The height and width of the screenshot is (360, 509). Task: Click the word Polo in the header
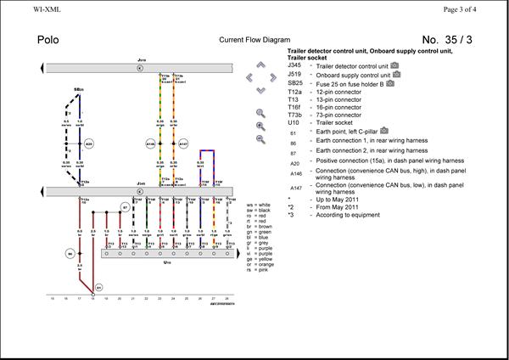coord(50,40)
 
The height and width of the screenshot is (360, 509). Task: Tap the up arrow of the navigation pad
coord(261,67)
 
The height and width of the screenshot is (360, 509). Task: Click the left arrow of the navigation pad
coord(249,78)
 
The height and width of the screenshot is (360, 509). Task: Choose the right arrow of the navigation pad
coord(273,78)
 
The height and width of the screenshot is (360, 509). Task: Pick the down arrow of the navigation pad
coord(261,89)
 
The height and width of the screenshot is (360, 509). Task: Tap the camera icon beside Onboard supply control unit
coord(400,74)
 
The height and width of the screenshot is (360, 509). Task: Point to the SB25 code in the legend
coord(295,83)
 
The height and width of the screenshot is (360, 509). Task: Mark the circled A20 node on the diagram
coord(89,144)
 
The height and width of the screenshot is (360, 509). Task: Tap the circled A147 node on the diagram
coord(183,144)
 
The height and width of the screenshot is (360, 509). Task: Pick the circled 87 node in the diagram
coord(125,207)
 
